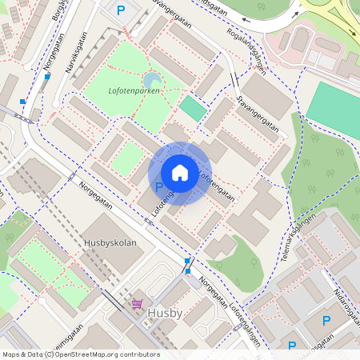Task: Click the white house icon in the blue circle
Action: point(180,173)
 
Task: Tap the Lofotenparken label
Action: point(134,91)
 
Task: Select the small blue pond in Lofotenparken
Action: point(151,79)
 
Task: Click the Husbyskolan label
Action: point(110,242)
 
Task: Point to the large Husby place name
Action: point(166,313)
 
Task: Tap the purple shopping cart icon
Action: point(137,306)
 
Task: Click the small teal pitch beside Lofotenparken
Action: point(192,108)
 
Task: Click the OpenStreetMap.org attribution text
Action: point(104,354)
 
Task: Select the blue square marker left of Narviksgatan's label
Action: point(47,77)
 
